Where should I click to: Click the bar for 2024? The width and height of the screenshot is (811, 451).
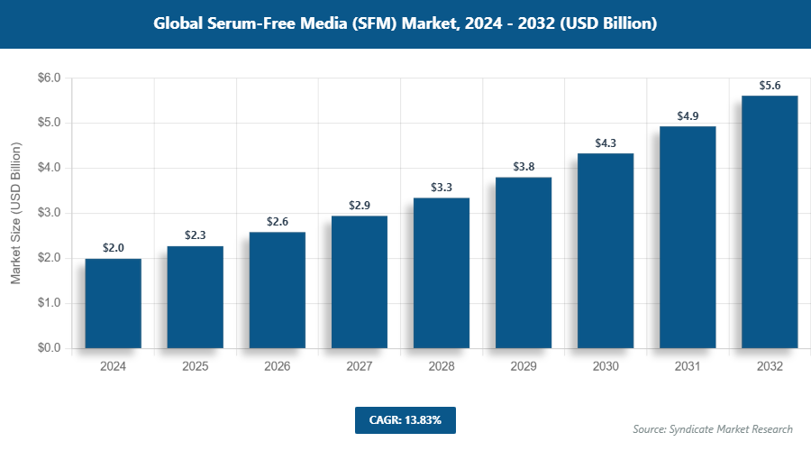point(114,303)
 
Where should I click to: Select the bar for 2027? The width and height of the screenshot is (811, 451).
point(360,281)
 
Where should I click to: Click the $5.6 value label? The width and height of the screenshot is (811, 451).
point(770,86)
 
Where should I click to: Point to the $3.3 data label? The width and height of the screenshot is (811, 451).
point(442,188)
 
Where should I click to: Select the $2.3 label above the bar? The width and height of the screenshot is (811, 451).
point(196,235)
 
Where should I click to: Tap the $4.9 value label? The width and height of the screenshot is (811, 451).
point(688,116)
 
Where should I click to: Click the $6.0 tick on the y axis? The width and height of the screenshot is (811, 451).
point(48,78)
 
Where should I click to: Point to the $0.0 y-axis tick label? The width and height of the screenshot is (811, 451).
point(48,348)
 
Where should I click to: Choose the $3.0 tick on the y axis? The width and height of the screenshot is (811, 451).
point(48,213)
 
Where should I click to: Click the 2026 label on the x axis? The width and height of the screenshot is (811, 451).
point(278,367)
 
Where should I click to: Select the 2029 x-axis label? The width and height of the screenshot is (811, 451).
point(524,367)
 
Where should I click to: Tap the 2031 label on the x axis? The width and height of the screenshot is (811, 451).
point(688,367)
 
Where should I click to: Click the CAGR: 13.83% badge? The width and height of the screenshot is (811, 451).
point(405,419)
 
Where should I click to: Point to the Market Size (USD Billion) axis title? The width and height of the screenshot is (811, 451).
point(15,213)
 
